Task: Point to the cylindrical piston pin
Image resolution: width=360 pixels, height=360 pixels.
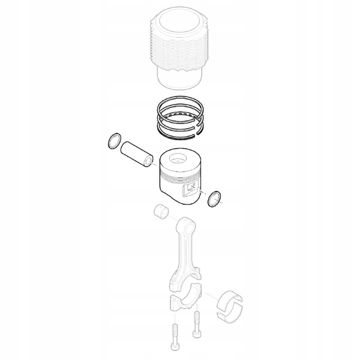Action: click(137, 154)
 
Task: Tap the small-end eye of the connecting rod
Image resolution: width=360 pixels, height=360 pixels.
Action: click(184, 225)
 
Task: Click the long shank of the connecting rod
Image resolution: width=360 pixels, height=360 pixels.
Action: click(182, 254)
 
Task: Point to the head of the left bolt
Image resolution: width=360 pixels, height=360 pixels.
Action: click(175, 347)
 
